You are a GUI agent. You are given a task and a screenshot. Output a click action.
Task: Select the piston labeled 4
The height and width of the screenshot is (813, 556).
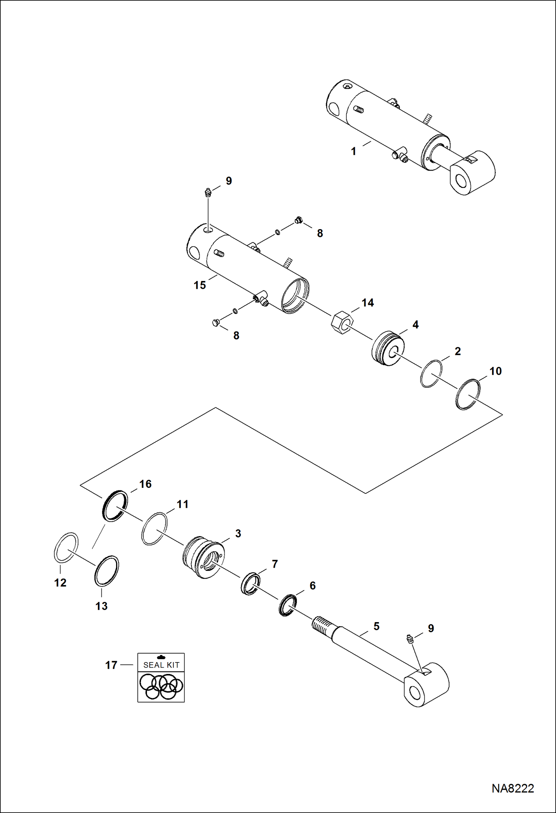click(x=388, y=348)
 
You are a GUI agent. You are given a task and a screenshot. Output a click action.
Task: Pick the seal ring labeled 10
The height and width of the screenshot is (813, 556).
click(x=467, y=394)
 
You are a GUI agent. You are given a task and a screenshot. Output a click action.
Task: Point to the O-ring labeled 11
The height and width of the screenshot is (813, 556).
click(x=154, y=529)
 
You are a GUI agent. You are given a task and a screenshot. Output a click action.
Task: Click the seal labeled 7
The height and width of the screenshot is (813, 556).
click(x=251, y=584)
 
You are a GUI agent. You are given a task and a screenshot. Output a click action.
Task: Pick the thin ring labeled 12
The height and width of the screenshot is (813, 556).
click(x=66, y=548)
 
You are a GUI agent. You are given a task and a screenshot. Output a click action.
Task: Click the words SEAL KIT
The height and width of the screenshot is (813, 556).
click(x=161, y=665)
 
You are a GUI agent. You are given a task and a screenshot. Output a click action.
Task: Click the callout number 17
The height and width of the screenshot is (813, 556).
click(x=111, y=665)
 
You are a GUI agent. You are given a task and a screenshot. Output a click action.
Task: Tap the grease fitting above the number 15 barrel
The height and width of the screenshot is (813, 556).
click(x=208, y=193)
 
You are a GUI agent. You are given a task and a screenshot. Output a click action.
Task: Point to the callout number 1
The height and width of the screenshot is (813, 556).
click(x=353, y=151)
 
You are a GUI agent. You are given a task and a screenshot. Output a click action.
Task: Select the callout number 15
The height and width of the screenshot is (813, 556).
click(x=200, y=285)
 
